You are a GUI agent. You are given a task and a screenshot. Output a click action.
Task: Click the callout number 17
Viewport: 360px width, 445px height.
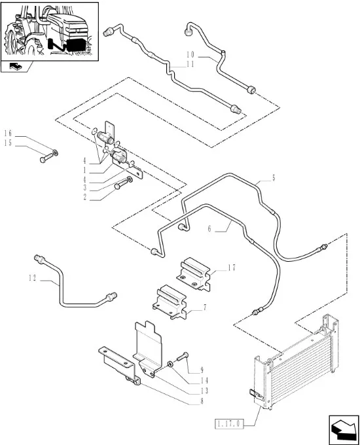[232, 268]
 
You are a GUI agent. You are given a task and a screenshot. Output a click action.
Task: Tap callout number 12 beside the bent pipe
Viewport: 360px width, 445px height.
[33, 278]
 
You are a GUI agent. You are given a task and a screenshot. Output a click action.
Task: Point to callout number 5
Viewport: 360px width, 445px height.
[274, 178]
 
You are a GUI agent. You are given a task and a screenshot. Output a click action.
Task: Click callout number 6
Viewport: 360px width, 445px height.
[209, 228]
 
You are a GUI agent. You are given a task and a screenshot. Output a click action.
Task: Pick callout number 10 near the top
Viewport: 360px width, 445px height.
[190, 54]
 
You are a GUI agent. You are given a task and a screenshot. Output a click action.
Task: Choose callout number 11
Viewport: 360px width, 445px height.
[190, 64]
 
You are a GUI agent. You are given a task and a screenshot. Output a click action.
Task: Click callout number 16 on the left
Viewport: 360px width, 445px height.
[8, 133]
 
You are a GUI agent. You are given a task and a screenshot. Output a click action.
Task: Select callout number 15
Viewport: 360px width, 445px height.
[8, 143]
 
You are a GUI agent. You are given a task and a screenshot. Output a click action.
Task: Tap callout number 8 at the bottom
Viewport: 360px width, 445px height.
[202, 401]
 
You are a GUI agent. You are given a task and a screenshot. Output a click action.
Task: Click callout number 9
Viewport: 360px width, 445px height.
[202, 370]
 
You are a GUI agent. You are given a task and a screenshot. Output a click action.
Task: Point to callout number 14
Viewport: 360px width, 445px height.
[204, 381]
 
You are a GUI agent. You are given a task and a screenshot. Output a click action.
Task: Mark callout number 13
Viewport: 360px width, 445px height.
[204, 391]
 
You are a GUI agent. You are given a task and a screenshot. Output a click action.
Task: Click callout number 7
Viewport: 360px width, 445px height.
[205, 308]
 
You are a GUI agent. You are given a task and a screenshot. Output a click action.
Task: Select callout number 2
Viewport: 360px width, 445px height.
[84, 197]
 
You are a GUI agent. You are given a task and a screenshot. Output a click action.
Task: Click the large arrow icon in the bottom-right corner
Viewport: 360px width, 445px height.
[344, 430]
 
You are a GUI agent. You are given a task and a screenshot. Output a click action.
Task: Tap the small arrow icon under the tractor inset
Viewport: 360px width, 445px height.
[15, 67]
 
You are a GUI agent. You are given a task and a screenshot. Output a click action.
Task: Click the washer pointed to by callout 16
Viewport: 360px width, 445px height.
[55, 153]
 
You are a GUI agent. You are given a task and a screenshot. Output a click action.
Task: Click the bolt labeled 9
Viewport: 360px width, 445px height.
[182, 356]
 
